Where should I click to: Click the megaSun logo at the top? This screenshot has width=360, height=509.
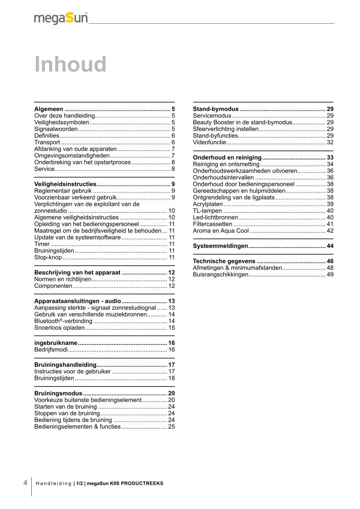pos(61,18)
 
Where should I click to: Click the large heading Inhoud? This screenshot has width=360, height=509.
pos(71,65)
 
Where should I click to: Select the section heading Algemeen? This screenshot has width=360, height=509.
pos(49,108)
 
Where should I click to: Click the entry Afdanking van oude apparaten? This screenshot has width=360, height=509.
pos(75,149)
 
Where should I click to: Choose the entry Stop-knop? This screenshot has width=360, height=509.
pos(48,257)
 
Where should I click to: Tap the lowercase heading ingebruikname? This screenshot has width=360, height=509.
pos(56,343)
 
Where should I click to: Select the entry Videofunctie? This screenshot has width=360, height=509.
pos(209,142)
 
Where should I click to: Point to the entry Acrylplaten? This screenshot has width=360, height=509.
pos(208,204)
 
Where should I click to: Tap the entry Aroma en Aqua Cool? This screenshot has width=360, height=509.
pos(221,231)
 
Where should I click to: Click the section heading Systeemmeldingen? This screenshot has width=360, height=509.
pos(220,246)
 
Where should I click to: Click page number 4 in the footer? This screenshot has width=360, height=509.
pos(25,483)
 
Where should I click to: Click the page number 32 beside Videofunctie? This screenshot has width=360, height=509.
pos(330,142)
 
